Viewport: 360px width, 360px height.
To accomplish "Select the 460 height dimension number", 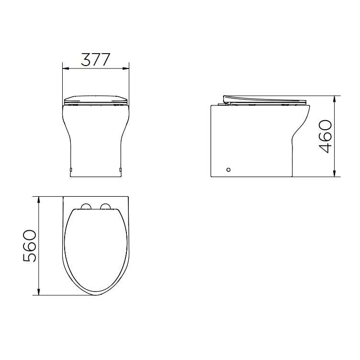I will click(x=325, y=136).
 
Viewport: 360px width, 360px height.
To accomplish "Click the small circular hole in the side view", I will click(x=228, y=169).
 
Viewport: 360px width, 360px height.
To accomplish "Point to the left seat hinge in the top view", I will click(x=87, y=206).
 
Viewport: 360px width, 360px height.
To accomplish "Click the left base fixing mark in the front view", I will click(x=71, y=169).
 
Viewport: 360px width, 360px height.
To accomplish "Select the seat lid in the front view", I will click(x=96, y=100).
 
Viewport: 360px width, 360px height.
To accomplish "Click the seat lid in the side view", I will click(x=266, y=99).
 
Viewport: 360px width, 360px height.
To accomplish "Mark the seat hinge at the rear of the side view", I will click(x=225, y=101).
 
